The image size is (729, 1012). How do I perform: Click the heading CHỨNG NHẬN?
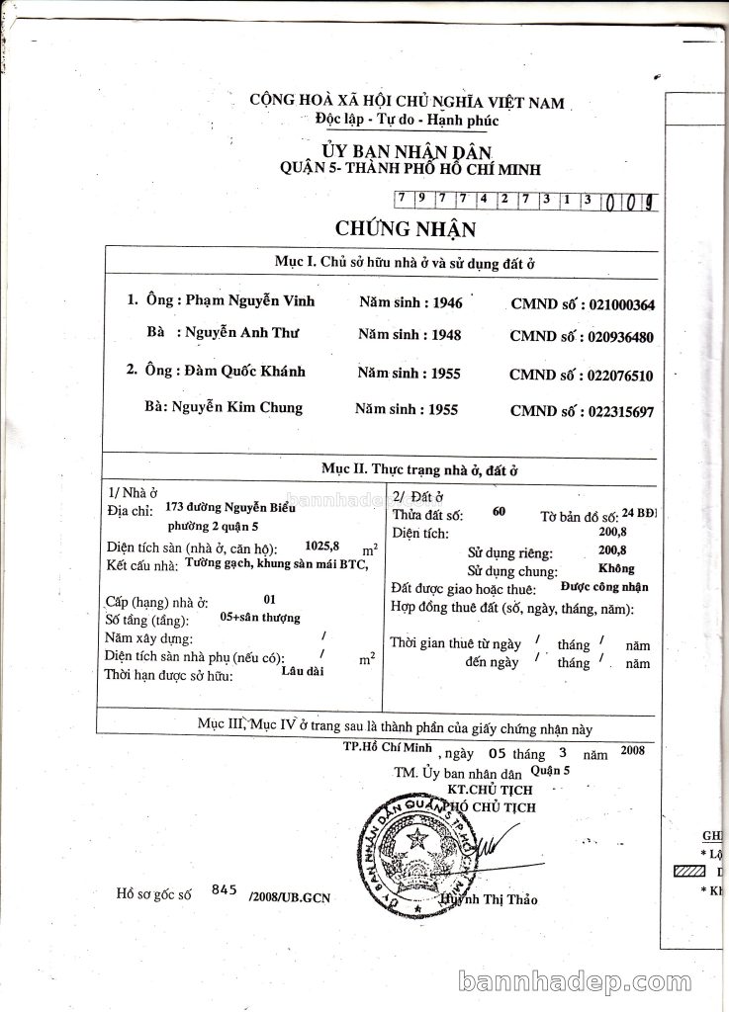coord(392,230)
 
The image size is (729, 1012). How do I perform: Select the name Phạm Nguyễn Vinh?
coord(242,300)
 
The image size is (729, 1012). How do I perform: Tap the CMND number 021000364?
coord(620,305)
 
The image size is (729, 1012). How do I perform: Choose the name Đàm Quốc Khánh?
coord(244,372)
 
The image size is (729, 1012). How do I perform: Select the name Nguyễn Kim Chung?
coord(237,407)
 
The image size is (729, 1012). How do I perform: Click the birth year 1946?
coord(442,302)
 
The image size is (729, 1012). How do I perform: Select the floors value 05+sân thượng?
coord(258,618)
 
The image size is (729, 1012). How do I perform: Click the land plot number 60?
coord(498,511)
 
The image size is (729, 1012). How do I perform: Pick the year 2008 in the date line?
coord(632,751)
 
